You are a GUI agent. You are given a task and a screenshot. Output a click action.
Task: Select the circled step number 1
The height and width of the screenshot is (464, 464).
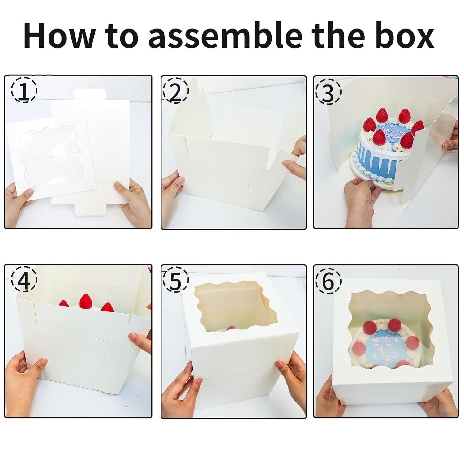(x=24, y=90)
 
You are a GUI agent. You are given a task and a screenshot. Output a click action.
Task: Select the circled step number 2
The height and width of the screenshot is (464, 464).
(x=175, y=90)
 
